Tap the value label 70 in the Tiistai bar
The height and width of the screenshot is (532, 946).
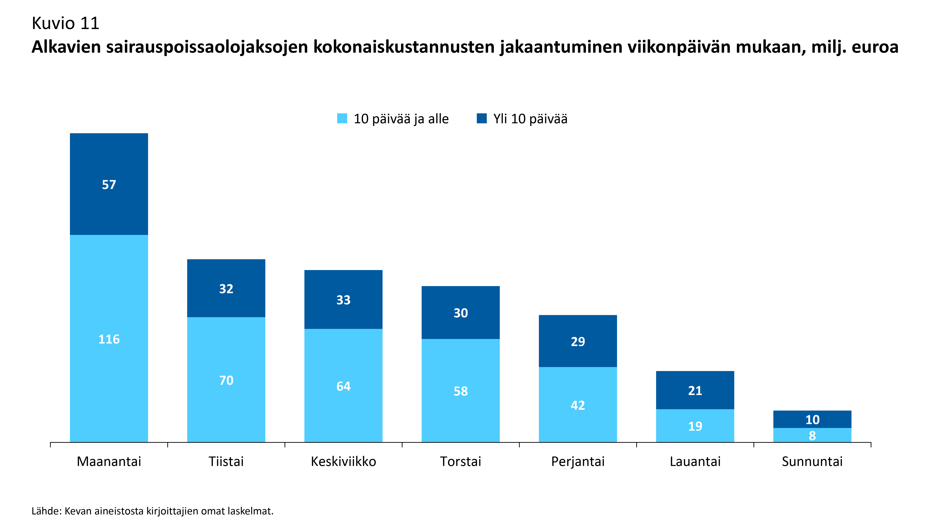226,380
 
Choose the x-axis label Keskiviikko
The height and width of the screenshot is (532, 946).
343,462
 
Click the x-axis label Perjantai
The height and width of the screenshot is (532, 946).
578,462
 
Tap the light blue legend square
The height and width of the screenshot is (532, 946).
342,119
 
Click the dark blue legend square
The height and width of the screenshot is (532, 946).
481,119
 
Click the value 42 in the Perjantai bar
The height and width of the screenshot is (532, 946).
578,405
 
